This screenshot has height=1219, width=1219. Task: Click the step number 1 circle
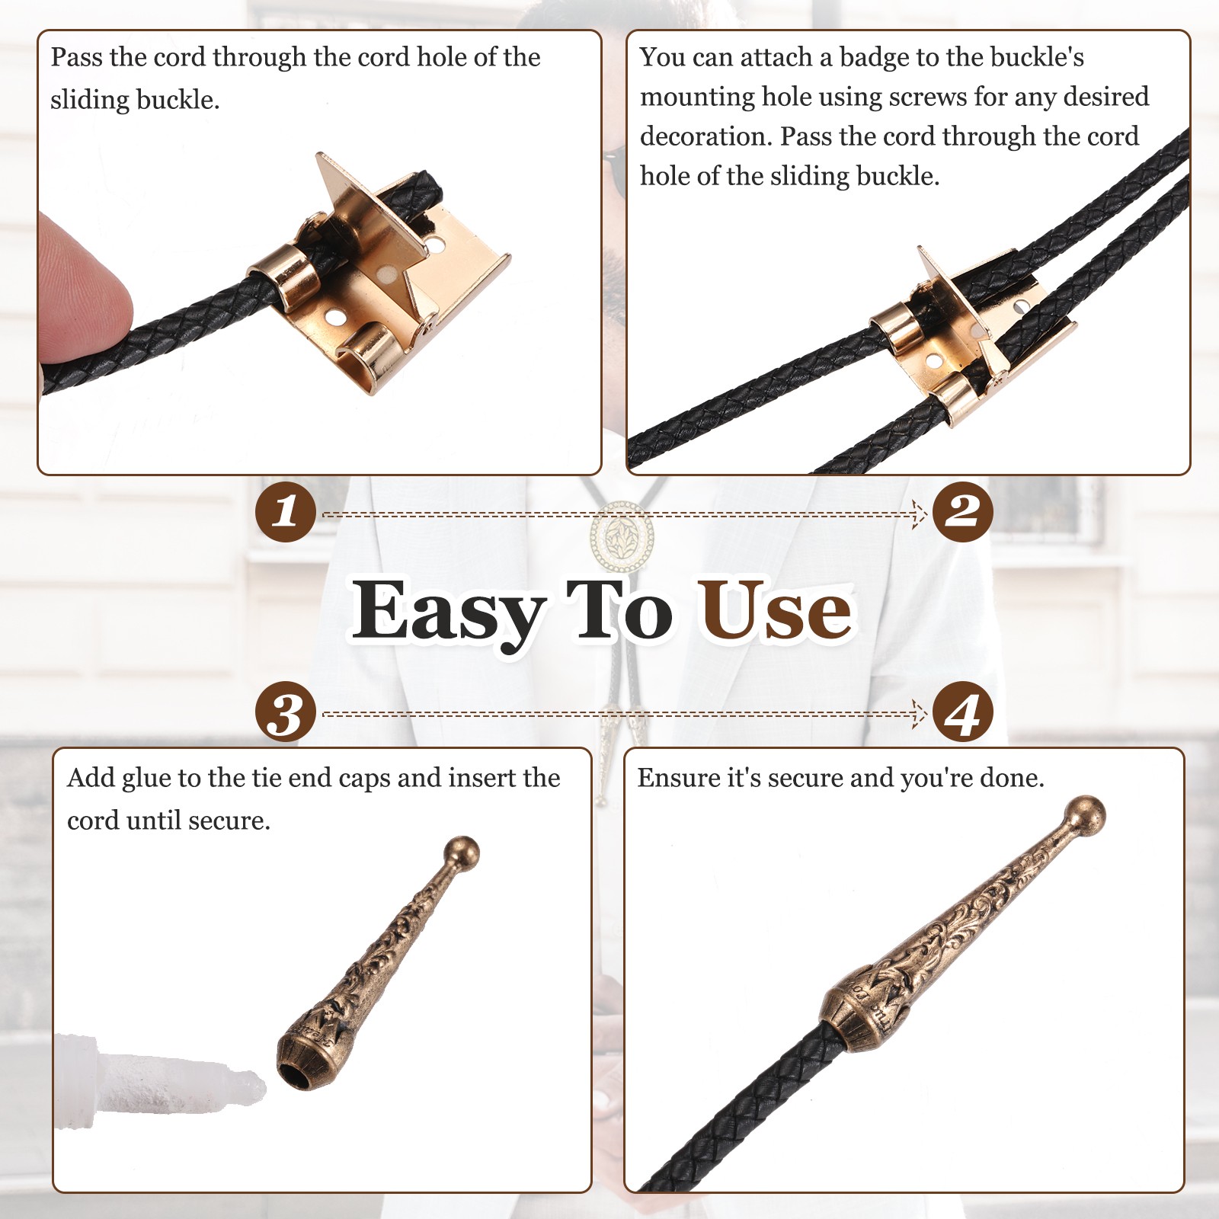coord(286,511)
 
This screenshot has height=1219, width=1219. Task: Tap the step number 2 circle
coord(962,511)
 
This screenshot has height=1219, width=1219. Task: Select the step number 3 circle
coord(286,713)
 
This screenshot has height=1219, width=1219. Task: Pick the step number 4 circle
coord(962,713)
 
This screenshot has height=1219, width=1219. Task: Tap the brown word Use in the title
coord(776,609)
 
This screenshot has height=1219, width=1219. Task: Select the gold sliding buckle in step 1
coord(377,278)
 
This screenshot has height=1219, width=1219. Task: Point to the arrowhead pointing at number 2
coord(920,515)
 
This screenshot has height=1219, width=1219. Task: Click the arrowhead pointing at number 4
coord(920,715)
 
